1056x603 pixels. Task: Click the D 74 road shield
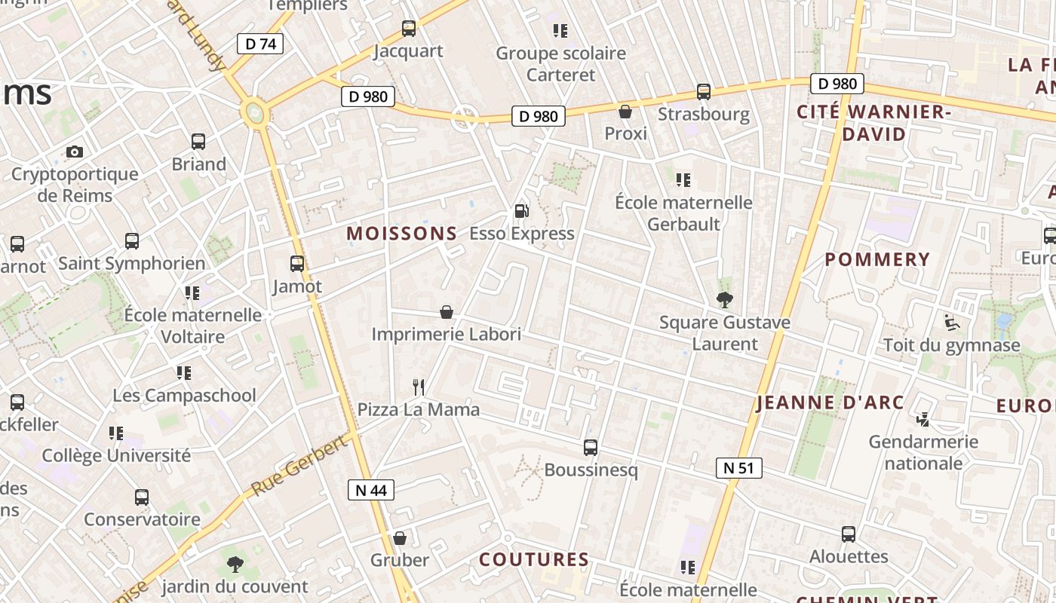point(260,44)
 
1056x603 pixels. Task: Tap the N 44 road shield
point(370,490)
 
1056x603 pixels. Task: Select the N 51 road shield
point(738,468)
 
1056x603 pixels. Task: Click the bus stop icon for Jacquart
point(408,29)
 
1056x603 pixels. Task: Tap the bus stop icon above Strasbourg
point(703,92)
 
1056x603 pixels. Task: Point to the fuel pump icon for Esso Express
point(521,211)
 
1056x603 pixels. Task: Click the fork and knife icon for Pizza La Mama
point(419,387)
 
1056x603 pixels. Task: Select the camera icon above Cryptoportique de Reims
point(74,152)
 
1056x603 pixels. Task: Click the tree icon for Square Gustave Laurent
point(724,300)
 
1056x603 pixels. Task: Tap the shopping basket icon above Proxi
point(625,112)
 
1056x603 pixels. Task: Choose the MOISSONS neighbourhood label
point(401,234)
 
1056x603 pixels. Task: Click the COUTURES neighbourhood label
point(534,559)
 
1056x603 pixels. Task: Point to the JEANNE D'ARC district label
point(830,403)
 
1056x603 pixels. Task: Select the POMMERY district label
point(877,260)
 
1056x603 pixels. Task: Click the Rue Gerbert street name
point(300,465)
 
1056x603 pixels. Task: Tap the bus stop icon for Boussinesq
point(591,448)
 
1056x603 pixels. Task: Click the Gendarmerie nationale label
point(923,452)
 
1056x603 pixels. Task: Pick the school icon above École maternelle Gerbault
point(683,180)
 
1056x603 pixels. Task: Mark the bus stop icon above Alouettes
point(849,534)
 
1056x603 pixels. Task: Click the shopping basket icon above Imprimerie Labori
point(447,312)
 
